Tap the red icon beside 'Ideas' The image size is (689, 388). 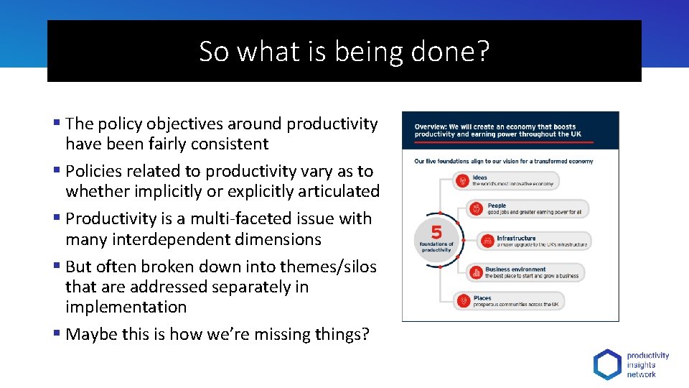[x=463, y=180]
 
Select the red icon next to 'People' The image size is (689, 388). [x=477, y=209]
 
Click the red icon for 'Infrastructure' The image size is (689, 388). [x=486, y=241]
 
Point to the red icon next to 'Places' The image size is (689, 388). [x=463, y=301]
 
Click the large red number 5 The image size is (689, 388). [x=436, y=232]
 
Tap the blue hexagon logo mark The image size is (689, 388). [x=607, y=364]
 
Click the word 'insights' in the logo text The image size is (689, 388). [x=641, y=364]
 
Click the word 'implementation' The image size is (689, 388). [x=126, y=307]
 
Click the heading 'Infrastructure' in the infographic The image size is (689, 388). [x=516, y=238]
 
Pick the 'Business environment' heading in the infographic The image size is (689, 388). [x=515, y=269]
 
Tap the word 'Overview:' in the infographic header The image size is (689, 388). [x=431, y=126]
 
